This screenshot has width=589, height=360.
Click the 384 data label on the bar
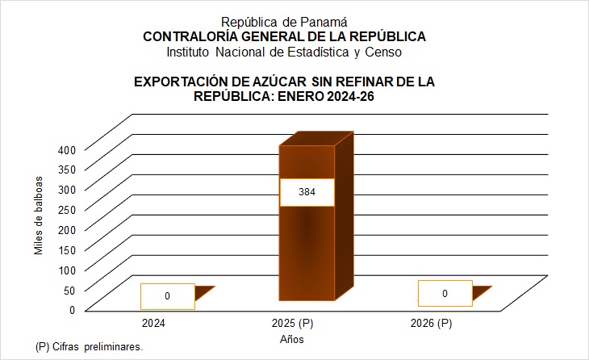(x=307, y=193)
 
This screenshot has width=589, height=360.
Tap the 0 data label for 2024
(x=167, y=296)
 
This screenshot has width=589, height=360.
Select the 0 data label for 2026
(x=445, y=293)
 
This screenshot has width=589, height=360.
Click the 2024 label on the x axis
(x=154, y=324)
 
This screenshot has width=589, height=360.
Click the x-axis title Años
(x=292, y=340)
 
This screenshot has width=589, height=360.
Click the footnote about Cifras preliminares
(x=89, y=347)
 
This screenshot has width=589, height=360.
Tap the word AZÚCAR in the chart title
(x=267, y=82)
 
